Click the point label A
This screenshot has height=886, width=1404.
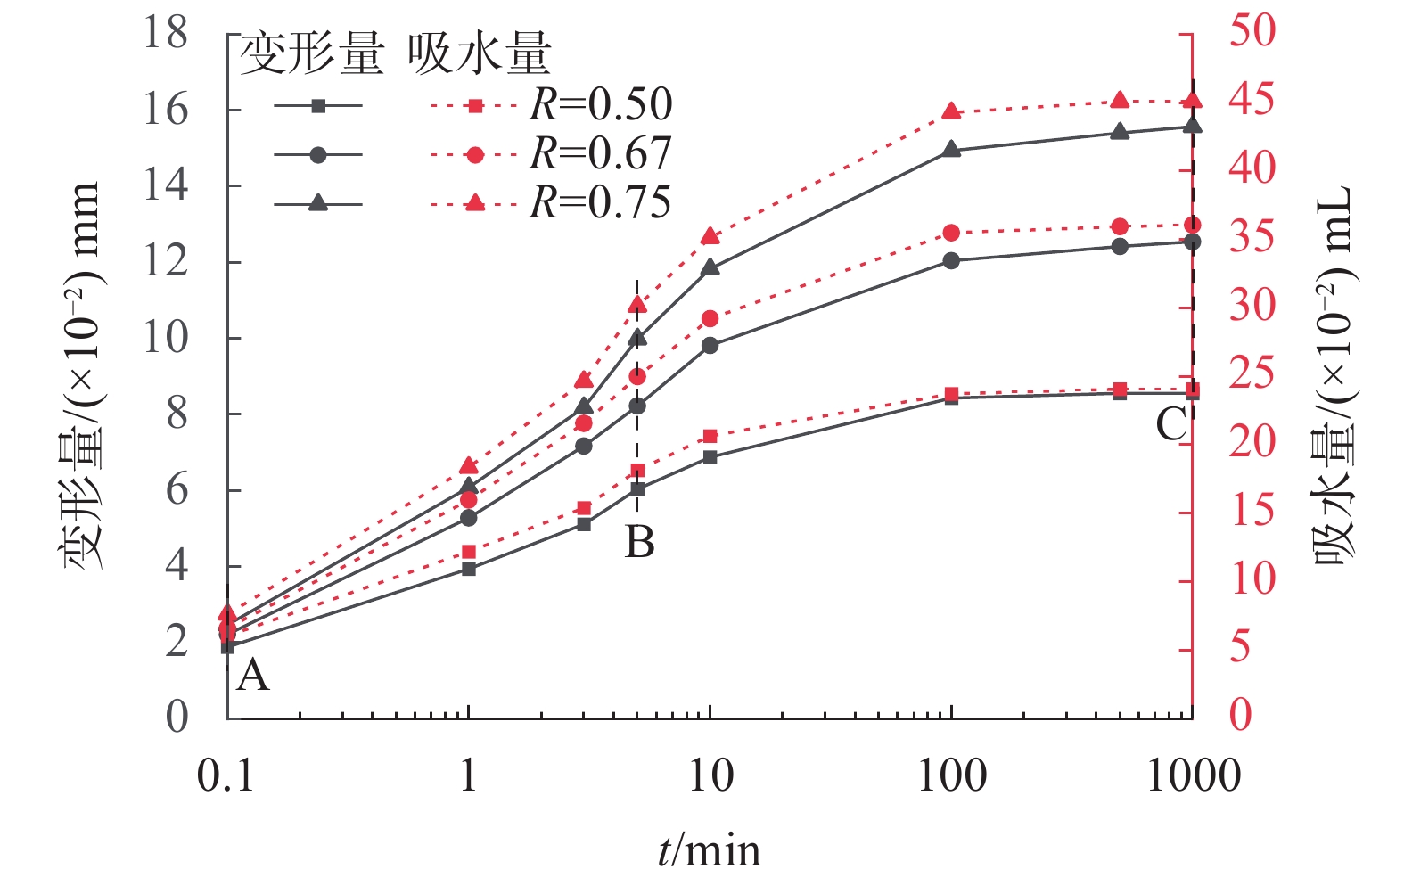(253, 676)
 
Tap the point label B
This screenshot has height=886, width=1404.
(640, 541)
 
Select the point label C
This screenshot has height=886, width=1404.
(1171, 424)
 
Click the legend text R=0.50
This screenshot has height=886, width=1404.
(601, 105)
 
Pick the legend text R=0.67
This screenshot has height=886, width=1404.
(601, 154)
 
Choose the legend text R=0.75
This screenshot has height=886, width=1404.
(601, 203)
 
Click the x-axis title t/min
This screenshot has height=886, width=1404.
(710, 850)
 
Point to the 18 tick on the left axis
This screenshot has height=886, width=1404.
(166, 34)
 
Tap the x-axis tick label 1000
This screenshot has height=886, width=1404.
(1193, 776)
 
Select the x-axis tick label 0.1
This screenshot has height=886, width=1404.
(226, 776)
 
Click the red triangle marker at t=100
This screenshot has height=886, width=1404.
(951, 111)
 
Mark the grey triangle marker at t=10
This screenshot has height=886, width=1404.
(710, 267)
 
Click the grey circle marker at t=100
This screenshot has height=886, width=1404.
(951, 261)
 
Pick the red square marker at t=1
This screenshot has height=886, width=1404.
(469, 552)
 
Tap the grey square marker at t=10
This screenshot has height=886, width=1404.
(710, 457)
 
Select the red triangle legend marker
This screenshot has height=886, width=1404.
(475, 204)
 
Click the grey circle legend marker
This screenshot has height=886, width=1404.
(318, 155)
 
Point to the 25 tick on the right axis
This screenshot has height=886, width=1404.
(1252, 374)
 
